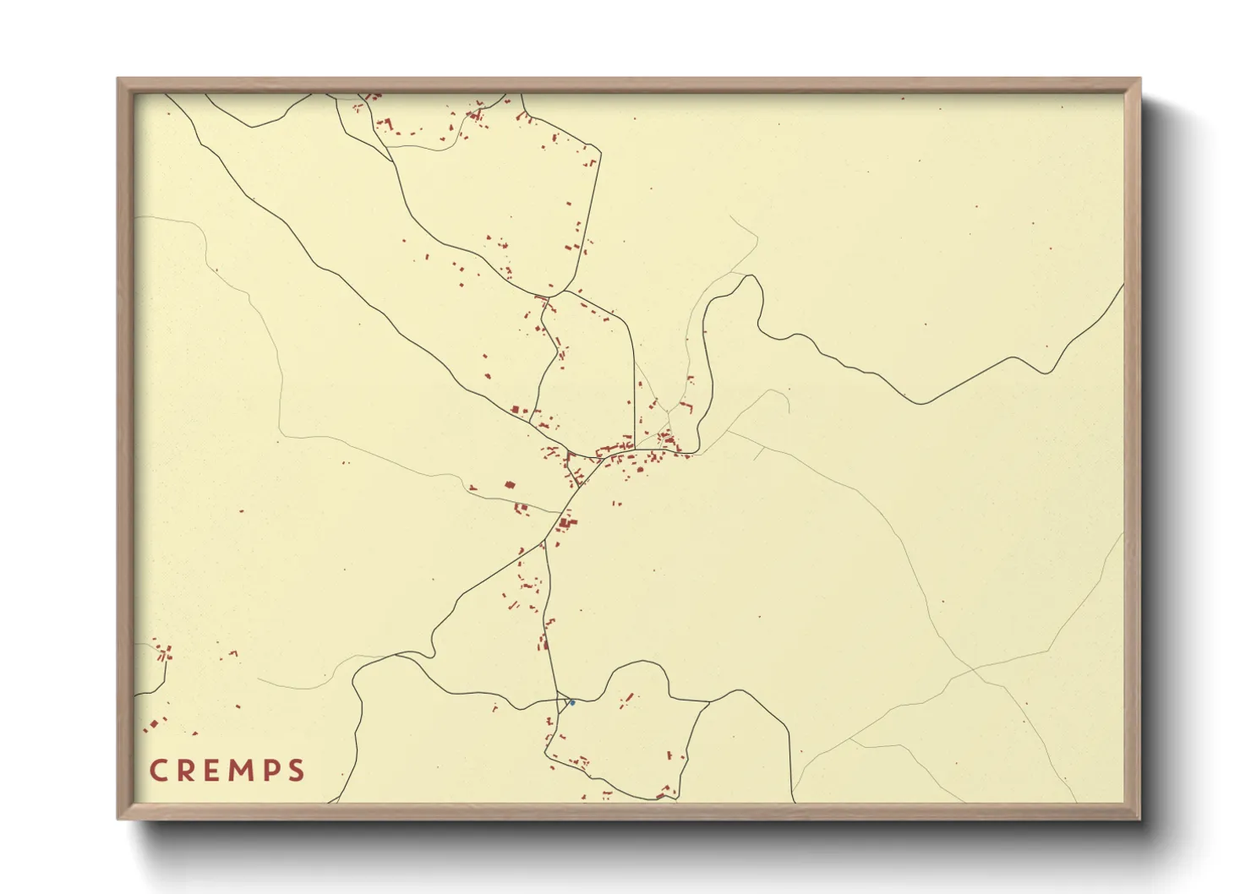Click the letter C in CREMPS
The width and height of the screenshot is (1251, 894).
pos(158,771)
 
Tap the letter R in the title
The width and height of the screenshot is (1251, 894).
pos(186,771)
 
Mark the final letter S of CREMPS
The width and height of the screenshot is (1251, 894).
pos(296,771)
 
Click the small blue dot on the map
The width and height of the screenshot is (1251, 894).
pos(572,702)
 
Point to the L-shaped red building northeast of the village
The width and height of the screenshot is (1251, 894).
pos(686,407)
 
